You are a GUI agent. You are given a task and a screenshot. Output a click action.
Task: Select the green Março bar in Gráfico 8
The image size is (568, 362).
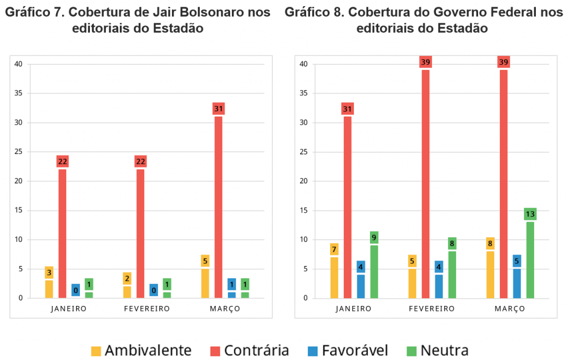coord(530,260)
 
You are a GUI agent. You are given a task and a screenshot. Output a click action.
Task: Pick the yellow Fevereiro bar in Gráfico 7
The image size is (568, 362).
coord(127,292)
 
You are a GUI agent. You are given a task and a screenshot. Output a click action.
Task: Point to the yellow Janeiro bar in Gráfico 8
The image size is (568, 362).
coord(334,277)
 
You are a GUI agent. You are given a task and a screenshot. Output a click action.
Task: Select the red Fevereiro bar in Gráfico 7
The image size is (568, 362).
coord(140,233)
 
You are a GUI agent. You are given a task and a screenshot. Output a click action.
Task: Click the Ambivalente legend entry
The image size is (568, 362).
coord(142,350)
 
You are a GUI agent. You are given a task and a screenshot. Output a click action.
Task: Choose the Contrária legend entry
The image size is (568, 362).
coord(250,350)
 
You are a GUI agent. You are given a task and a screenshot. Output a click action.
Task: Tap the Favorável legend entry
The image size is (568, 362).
coord(347,350)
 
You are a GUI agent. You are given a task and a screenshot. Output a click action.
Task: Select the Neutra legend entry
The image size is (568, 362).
coord(438,350)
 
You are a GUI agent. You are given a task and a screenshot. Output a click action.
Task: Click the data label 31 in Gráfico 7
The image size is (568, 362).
coord(218,109)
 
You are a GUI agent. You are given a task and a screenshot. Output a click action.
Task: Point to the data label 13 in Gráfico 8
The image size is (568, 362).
coord(530,214)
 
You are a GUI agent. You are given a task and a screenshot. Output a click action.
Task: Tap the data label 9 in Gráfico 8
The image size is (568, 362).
coord(374,238)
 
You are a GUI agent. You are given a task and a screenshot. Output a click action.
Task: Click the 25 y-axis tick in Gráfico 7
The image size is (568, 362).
coord(18,152)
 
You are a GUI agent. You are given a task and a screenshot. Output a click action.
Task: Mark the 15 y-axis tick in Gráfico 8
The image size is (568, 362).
coord(303,210)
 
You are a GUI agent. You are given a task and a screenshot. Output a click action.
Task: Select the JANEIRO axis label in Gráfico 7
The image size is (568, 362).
coord(69,309)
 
